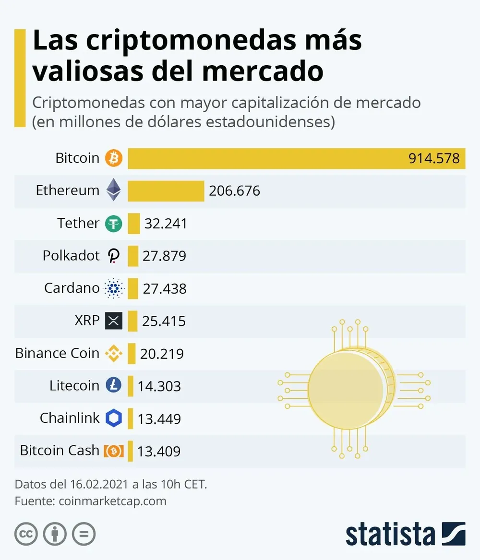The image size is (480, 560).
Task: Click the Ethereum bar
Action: click(x=166, y=191)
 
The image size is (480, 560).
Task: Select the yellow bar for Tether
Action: click(x=134, y=223)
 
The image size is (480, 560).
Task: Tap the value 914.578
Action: click(x=434, y=158)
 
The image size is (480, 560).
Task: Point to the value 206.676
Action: click(x=235, y=191)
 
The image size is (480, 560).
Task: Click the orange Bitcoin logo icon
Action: click(x=114, y=158)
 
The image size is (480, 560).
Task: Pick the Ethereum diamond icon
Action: click(x=114, y=190)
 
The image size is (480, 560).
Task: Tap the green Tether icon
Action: click(x=114, y=224)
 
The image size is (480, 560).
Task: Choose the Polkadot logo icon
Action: click(x=114, y=256)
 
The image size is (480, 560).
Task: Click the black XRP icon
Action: click(x=114, y=321)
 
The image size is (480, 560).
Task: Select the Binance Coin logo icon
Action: click(x=114, y=354)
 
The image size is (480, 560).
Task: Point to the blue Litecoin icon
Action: click(x=114, y=385)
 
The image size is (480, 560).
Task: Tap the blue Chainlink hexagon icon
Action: click(x=114, y=418)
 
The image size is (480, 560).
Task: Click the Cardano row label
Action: click(x=72, y=288)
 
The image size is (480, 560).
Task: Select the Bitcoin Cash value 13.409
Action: click(x=159, y=452)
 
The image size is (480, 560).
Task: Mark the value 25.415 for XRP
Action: click(x=164, y=321)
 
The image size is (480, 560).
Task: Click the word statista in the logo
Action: click(x=390, y=534)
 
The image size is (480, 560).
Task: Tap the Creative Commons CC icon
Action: click(x=26, y=534)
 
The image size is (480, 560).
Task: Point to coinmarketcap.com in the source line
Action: click(x=112, y=501)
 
